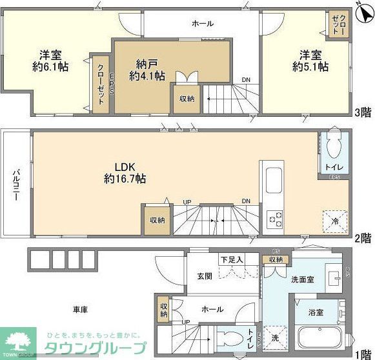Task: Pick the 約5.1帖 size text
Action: (x=310, y=66)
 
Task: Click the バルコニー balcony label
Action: (x=15, y=184)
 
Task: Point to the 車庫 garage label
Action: (x=80, y=309)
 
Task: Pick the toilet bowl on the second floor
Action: (x=334, y=148)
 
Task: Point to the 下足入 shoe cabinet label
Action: (x=230, y=259)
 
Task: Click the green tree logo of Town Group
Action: (x=21, y=340)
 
